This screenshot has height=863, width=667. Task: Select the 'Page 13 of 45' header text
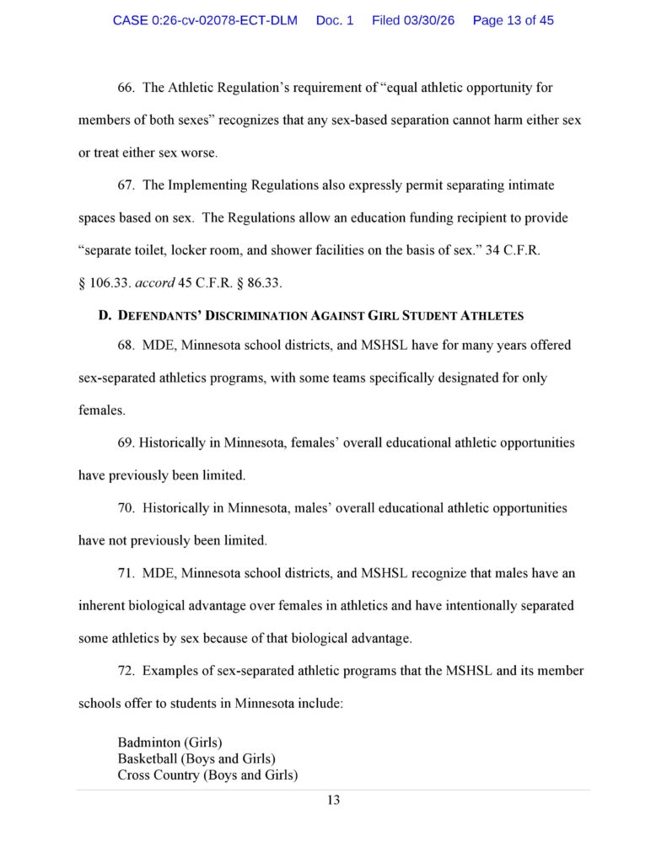click(x=513, y=20)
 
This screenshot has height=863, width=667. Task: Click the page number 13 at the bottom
click(x=333, y=800)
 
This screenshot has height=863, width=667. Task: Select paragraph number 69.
click(x=126, y=442)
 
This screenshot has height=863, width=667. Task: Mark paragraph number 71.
click(x=126, y=573)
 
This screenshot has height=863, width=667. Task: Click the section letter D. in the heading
click(x=105, y=315)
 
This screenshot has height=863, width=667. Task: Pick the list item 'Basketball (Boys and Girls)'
click(x=196, y=758)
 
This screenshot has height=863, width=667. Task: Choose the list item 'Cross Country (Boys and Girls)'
click(x=207, y=775)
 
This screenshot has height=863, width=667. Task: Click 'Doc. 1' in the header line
click(x=335, y=20)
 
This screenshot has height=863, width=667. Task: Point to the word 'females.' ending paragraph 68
click(x=102, y=410)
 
